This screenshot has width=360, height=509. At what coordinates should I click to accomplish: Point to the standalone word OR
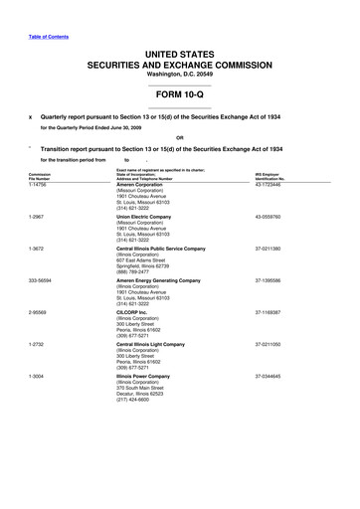click(x=179, y=137)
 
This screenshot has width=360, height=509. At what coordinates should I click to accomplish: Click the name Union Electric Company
click(x=146, y=216)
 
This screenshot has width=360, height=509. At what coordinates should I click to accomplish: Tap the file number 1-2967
click(x=37, y=216)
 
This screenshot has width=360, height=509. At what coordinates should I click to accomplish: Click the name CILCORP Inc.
click(x=134, y=312)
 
